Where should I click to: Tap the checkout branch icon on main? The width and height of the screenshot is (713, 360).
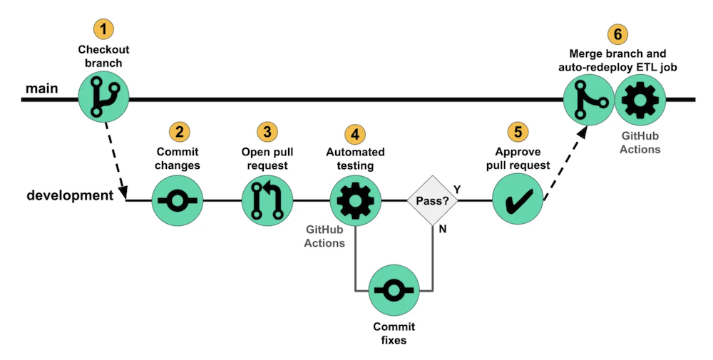tap(104, 99)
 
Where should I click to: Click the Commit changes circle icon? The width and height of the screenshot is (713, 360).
tap(178, 200)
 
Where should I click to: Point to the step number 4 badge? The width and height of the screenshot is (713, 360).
tap(354, 133)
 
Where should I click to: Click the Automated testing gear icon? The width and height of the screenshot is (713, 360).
tap(355, 200)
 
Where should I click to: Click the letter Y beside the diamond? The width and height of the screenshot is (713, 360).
tap(456, 190)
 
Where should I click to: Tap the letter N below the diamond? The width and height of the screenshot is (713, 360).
tap(443, 230)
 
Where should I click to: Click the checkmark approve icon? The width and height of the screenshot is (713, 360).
tap(518, 200)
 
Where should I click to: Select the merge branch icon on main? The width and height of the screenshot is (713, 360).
tap(588, 99)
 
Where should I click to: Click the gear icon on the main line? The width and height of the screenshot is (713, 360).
tap(640, 99)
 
